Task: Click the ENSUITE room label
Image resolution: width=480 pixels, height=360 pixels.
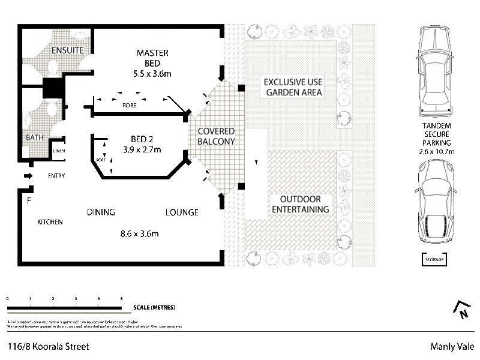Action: pos(67,50)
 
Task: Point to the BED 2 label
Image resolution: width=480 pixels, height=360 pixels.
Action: pos(143,138)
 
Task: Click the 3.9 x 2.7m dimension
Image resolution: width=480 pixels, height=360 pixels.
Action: pos(143,149)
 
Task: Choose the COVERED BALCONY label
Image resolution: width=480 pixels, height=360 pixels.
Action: pos(216,136)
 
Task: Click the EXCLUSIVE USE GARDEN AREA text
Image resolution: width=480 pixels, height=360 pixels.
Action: pos(294,87)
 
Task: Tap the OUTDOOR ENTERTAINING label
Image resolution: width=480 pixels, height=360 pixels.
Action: pos(301,204)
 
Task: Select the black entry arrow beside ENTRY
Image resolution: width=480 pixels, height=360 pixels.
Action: pos(28,176)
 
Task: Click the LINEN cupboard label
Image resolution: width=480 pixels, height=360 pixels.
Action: pos(59,151)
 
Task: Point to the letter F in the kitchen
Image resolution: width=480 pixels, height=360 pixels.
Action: pos(28,200)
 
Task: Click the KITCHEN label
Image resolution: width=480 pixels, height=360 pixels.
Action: pos(50,222)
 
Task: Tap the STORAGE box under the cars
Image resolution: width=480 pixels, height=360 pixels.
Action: pos(435,259)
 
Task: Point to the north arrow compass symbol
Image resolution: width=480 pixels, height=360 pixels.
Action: pos(461,310)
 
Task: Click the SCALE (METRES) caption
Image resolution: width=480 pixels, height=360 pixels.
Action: pos(155,307)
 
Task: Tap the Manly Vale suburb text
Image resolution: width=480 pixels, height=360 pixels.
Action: pos(452,346)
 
